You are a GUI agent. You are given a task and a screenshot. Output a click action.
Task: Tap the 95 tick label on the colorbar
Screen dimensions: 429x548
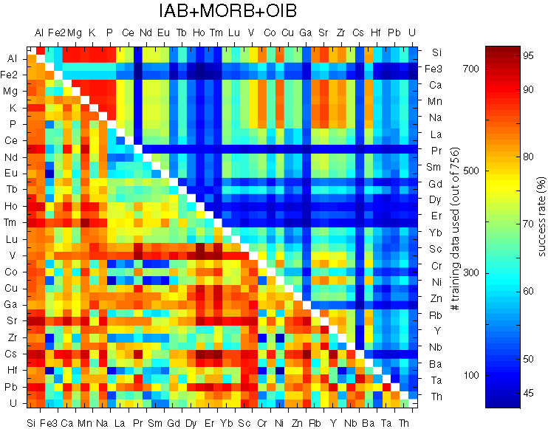[529, 55]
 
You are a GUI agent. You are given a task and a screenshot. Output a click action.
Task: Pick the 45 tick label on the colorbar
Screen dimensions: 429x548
[529, 394]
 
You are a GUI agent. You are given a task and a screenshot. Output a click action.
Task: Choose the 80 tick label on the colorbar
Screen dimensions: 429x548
[529, 157]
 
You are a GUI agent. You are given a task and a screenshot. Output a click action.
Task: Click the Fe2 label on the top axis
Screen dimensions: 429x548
[57, 32]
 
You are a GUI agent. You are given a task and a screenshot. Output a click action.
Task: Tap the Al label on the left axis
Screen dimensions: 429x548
[13, 58]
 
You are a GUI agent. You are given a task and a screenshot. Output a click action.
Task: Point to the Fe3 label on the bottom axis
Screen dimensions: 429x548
[49, 422]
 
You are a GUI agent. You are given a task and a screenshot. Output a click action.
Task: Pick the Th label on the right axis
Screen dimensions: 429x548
[436, 397]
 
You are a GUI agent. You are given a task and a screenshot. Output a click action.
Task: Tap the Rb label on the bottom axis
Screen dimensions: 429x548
[315, 422]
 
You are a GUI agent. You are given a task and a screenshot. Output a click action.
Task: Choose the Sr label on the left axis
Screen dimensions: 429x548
[13, 321]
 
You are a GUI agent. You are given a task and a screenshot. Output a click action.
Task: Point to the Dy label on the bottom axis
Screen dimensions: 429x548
[191, 422]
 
